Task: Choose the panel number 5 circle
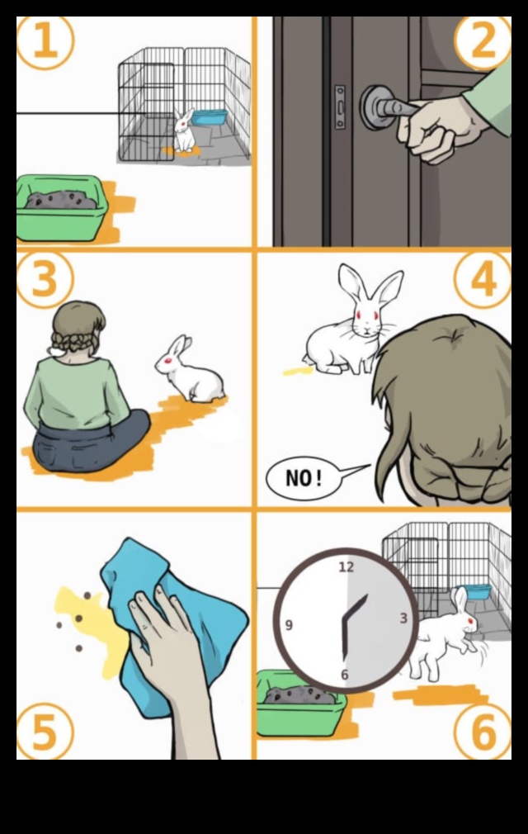tap(45, 731)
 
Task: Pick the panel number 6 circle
tap(483, 731)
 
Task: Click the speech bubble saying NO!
tap(305, 478)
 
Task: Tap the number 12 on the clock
tap(346, 567)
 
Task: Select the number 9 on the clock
tap(289, 625)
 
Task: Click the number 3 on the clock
tap(403, 618)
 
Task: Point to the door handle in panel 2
tap(388, 107)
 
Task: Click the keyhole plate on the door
tap(340, 107)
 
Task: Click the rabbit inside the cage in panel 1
tap(185, 132)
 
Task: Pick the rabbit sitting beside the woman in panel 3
tap(191, 372)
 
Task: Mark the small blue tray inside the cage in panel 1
tap(210, 116)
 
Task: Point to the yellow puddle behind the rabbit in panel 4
tap(298, 371)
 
